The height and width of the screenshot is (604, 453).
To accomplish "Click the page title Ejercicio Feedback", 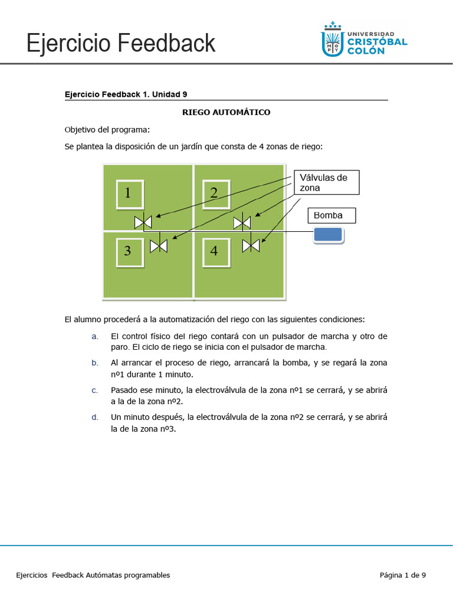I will coord(121,44).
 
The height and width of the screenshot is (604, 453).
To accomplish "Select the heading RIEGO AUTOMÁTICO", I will coord(226,112).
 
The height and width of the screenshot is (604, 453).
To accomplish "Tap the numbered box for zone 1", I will coord(129,193).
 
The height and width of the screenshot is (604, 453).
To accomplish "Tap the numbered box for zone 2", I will coord(215,193).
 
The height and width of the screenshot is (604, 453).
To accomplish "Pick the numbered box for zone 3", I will coord(129,251).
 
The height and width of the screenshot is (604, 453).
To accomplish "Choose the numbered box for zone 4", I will coord(215,251).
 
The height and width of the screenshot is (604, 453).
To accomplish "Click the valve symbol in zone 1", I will coord(143,222).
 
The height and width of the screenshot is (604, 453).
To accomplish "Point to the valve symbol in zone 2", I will coord(242,222).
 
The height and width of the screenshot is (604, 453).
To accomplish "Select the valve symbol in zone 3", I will coord(159,246).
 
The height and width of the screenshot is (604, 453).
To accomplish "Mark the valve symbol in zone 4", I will coord(251,245).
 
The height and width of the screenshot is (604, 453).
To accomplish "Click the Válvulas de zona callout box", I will coord(326,182).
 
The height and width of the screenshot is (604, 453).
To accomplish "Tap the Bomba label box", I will coord(332,216).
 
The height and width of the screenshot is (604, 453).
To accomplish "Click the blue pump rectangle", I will coord(328,235).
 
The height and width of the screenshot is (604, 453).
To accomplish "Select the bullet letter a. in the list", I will coord(94,336).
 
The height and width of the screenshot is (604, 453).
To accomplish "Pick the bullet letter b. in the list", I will coord(94,363).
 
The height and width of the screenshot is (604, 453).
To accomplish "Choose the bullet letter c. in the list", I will coord(94,390).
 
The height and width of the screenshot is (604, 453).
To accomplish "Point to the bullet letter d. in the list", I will coord(94,417).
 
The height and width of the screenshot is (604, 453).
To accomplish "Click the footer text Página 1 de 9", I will coord(403,575).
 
